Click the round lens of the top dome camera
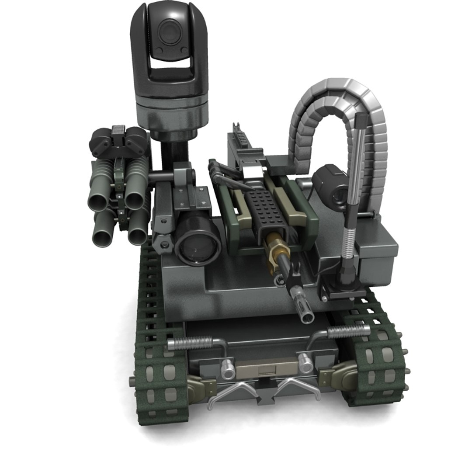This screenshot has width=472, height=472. pos(167,32)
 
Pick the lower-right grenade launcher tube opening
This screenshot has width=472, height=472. pos(137,236)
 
